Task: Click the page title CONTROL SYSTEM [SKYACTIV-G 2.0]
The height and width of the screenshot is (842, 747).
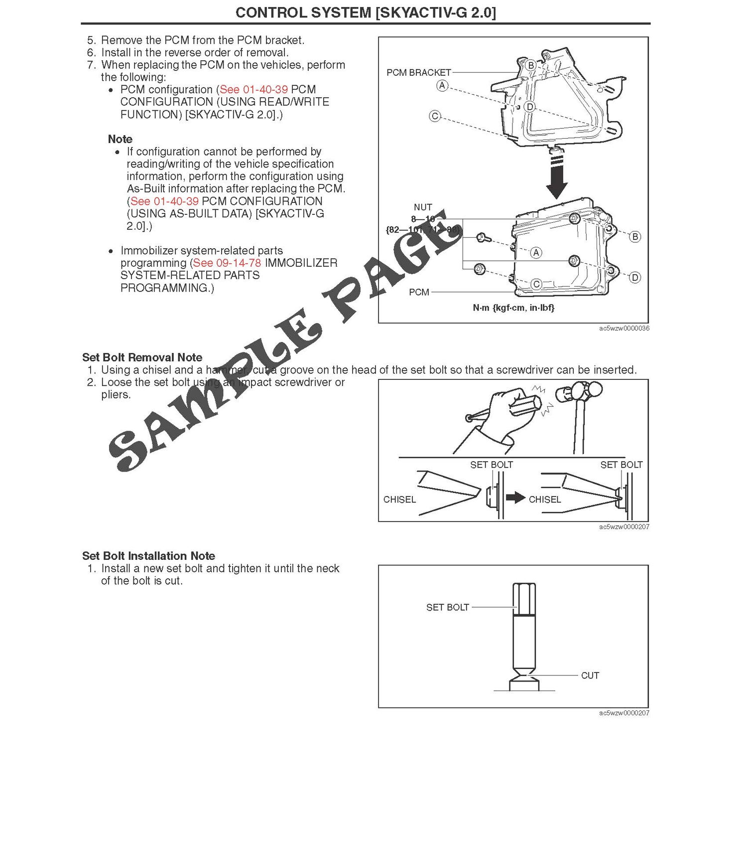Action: (366, 12)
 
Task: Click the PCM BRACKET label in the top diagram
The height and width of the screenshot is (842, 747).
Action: (418, 73)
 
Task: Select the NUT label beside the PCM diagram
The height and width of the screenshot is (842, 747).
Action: (423, 207)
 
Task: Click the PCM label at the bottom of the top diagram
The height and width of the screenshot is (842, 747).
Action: (419, 292)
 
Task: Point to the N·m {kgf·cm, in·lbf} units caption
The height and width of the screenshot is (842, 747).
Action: (513, 308)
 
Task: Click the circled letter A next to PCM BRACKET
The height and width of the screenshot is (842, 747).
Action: (442, 86)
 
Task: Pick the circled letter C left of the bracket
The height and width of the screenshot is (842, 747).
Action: (435, 116)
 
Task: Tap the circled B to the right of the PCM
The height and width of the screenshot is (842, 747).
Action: (635, 237)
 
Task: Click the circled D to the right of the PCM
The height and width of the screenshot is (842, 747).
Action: (635, 278)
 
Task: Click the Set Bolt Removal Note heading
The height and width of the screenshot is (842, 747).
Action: (142, 357)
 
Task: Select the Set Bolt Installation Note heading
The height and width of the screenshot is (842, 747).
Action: (148, 556)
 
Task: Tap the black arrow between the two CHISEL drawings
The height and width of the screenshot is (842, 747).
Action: (515, 498)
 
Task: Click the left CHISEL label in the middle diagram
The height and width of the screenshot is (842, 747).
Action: (399, 500)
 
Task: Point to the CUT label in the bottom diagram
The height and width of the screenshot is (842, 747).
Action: (590, 675)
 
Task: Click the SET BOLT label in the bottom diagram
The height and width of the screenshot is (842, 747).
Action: (447, 607)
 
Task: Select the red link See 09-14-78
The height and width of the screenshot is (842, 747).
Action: (227, 263)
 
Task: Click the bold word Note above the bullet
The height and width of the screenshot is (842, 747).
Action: (120, 139)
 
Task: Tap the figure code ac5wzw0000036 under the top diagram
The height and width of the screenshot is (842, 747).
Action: (624, 329)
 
